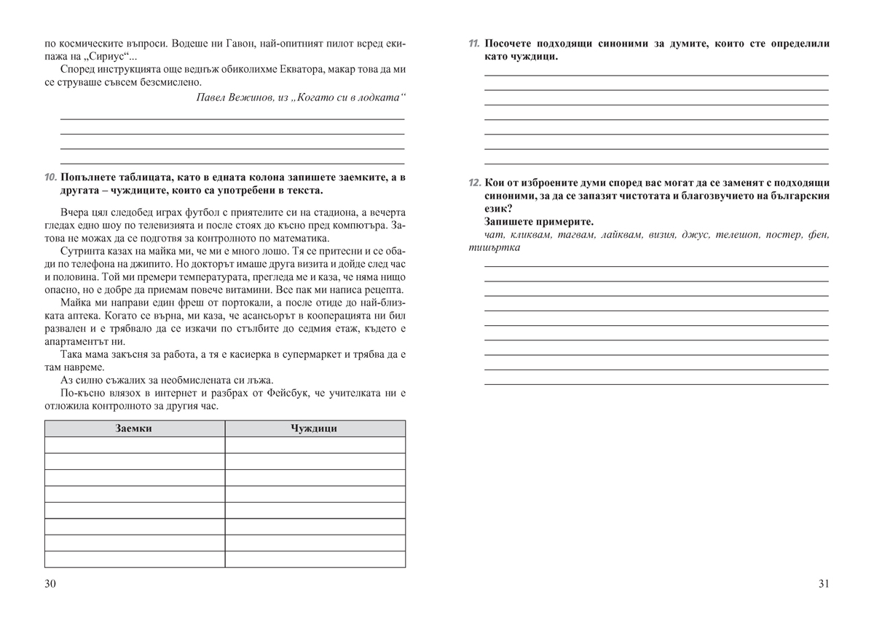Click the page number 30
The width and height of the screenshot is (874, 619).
[50, 583]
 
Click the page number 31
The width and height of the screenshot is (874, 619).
[823, 583]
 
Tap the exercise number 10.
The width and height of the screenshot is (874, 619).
[50, 177]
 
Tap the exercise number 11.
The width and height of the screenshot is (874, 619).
[474, 44]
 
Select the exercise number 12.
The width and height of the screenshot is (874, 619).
[474, 183]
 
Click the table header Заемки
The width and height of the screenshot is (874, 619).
[134, 428]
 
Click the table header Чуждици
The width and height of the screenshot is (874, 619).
[314, 428]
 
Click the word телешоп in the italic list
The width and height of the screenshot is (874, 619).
[740, 235]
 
